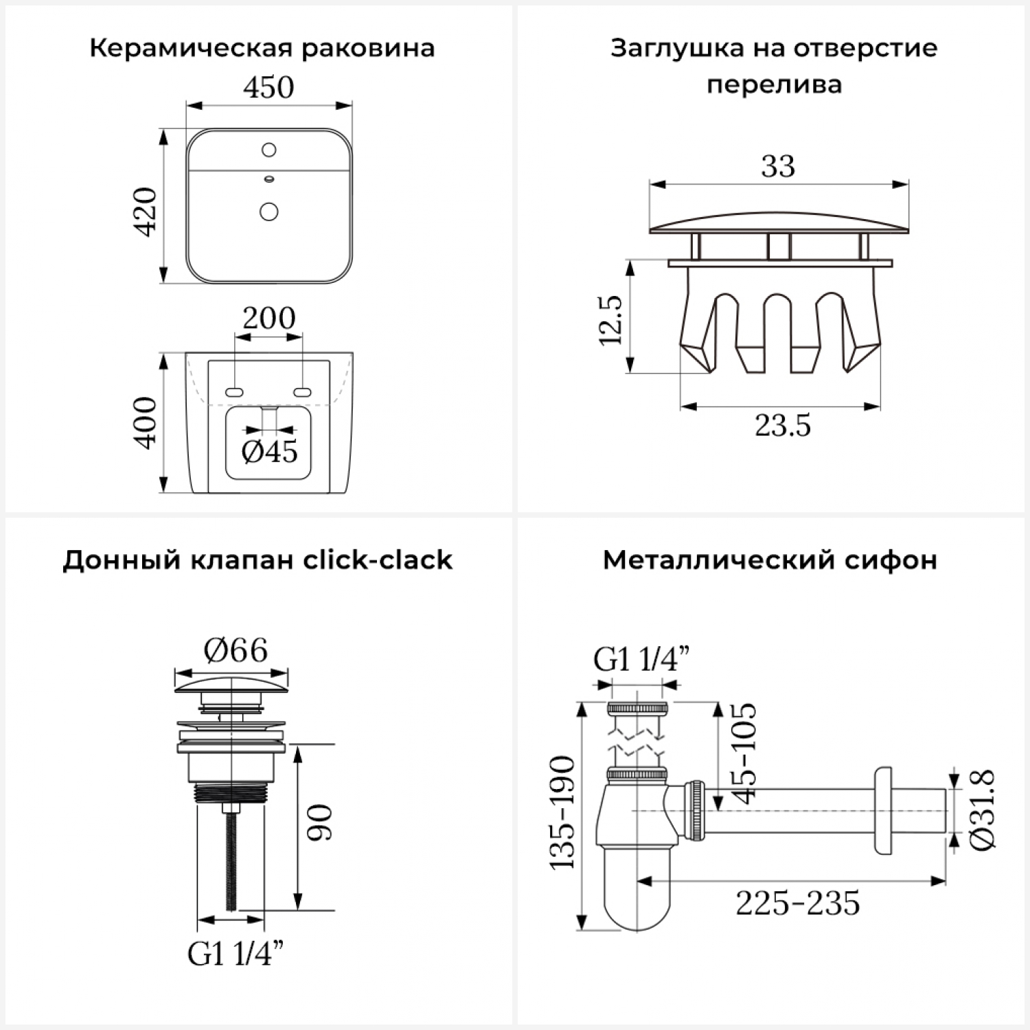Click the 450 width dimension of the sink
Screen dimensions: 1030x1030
pos(268,88)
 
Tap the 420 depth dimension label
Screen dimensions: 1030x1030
pos(146,211)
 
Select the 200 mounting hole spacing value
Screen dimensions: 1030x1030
pos(268,318)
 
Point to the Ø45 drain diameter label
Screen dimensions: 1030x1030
pos(270,451)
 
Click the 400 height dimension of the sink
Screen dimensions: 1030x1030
pos(146,423)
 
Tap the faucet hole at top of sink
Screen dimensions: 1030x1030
pos(269,149)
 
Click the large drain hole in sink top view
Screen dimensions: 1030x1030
pos(269,211)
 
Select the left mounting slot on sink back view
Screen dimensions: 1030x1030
pos(234,392)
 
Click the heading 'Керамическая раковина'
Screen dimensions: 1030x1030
pos(262,49)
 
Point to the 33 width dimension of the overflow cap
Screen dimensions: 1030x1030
pos(778,166)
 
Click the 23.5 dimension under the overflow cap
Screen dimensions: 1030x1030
pos(783,426)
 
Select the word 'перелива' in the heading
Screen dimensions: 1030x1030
pos(774,85)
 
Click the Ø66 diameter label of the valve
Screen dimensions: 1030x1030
pos(236,650)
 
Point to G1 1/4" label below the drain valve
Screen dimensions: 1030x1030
pos(236,954)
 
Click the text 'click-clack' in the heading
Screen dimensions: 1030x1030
pos(378,560)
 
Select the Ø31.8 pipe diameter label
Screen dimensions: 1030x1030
pos(983,810)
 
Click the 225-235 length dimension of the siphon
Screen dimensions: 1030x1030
pos(797,903)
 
